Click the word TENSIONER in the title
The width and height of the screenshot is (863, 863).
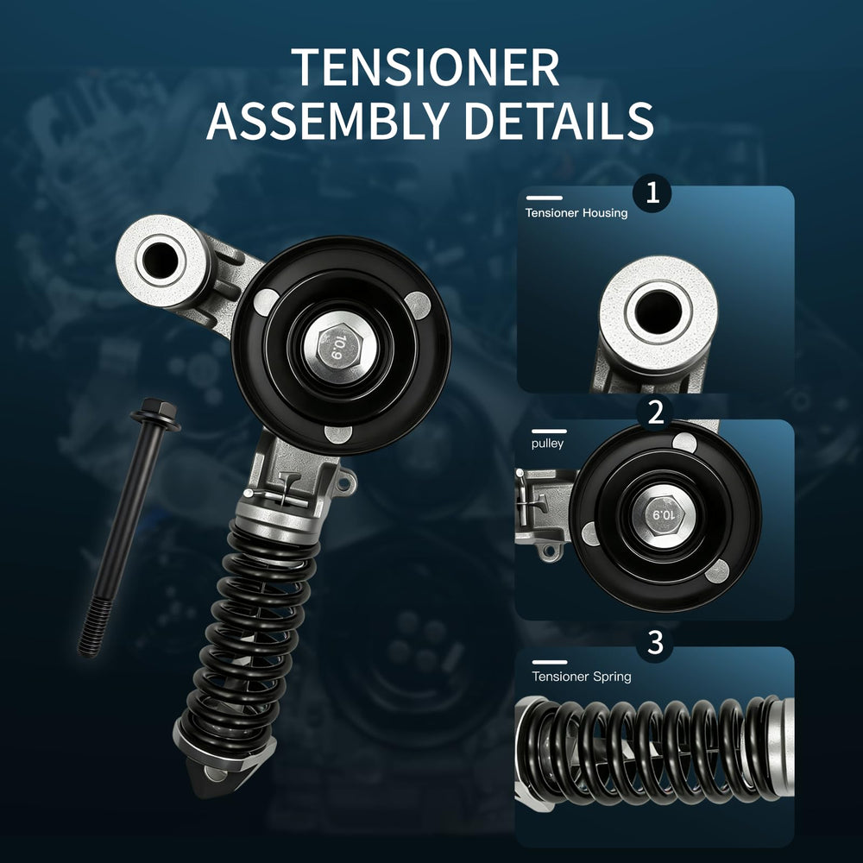click(x=425, y=67)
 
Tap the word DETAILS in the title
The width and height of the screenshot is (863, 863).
click(x=559, y=121)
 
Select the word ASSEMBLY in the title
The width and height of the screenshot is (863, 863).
click(x=328, y=121)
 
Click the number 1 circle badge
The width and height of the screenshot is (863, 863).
click(x=652, y=193)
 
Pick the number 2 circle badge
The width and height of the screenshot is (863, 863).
click(x=656, y=413)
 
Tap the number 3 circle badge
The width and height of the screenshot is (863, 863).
click(x=655, y=642)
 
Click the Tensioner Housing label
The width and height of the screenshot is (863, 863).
click(x=576, y=213)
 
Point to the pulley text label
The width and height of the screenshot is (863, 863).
click(x=547, y=444)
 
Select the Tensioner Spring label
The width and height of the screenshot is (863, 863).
click(x=581, y=677)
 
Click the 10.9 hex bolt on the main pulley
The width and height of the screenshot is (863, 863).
click(x=339, y=349)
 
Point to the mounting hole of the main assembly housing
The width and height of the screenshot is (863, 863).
click(x=161, y=259)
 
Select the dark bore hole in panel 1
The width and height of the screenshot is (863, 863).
click(x=658, y=312)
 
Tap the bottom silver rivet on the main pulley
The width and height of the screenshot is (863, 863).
click(x=337, y=434)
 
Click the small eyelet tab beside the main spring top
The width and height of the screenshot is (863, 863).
click(x=344, y=483)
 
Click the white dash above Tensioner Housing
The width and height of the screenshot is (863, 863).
click(x=545, y=198)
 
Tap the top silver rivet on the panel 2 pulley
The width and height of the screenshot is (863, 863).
click(x=684, y=441)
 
